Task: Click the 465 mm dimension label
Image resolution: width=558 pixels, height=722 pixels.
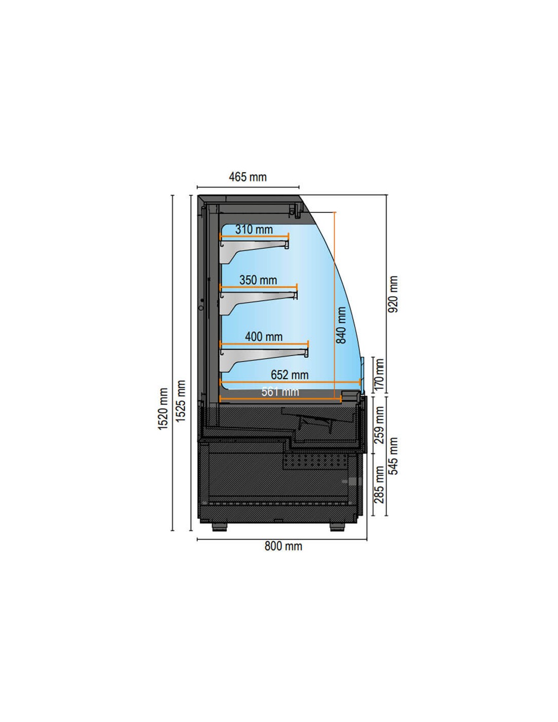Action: coord(248,177)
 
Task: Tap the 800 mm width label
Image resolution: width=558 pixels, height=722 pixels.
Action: coord(283,546)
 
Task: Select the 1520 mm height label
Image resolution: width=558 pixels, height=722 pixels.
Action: coord(163,409)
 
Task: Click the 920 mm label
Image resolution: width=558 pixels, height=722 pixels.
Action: coord(393,294)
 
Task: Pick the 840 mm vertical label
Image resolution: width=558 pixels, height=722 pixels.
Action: coord(341,325)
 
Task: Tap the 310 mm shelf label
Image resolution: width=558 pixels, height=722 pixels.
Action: coord(254,229)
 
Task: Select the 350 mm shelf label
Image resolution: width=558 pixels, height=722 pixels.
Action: coord(258,280)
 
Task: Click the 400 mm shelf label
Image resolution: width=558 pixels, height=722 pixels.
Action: coord(264,337)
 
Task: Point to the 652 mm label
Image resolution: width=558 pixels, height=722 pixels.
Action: coord(290,375)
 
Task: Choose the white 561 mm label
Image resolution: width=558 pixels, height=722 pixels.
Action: coord(280,392)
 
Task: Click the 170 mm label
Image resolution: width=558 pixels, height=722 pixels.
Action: coord(379,374)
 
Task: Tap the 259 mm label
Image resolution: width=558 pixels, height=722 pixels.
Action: coord(379,425)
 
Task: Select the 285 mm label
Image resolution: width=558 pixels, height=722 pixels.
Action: coord(379,484)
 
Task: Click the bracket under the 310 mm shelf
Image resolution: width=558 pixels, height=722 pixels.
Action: coord(254,251)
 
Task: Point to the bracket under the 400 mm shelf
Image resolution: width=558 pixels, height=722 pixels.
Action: coord(264,358)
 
